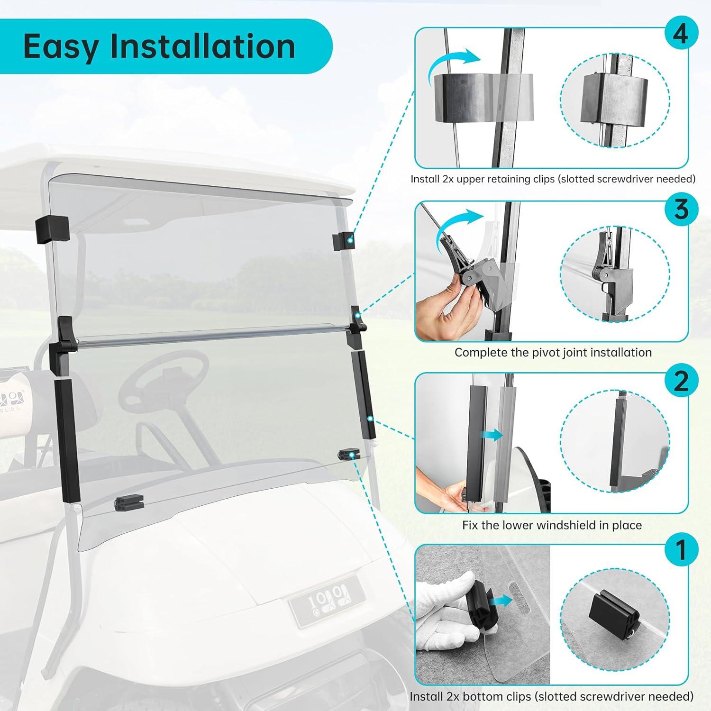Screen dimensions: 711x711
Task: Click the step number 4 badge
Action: (680, 35)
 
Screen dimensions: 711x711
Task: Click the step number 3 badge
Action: (680, 209)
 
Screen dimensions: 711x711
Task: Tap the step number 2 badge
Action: (680, 381)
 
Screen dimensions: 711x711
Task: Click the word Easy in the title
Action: (61, 47)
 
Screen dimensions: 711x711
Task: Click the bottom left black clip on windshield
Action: (128, 502)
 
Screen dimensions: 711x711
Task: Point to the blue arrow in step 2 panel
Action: (493, 435)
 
